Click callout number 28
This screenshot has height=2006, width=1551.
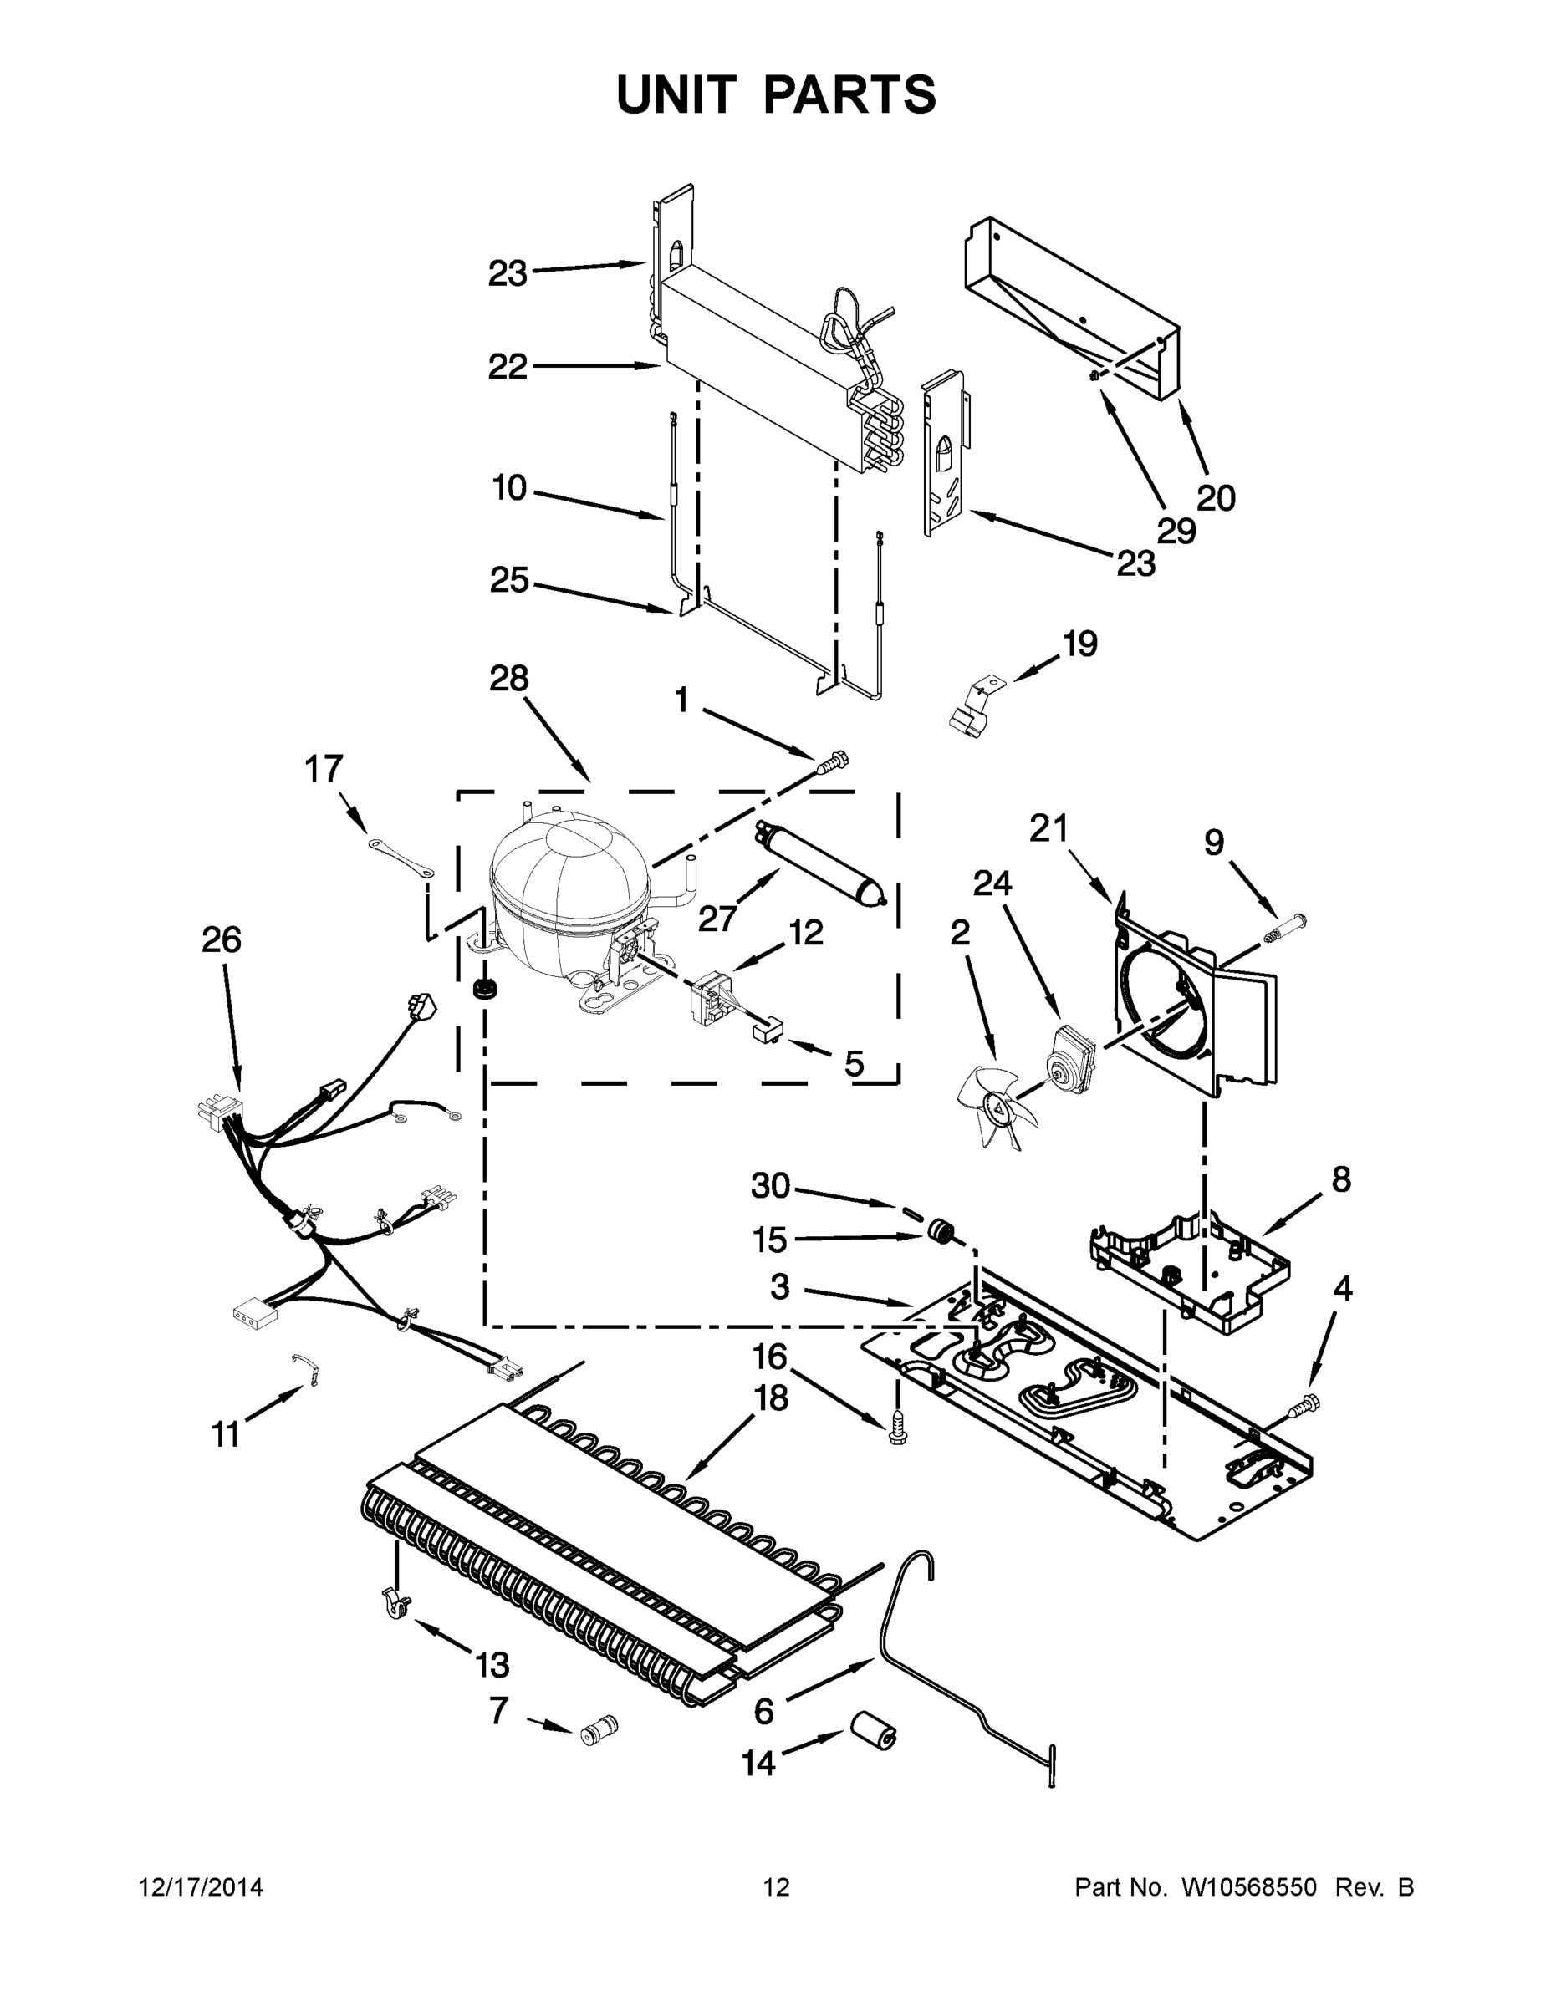tap(508, 679)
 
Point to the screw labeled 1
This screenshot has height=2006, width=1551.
tap(834, 761)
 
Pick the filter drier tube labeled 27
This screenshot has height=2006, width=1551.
tap(820, 864)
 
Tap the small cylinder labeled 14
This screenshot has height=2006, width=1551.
tap(872, 1731)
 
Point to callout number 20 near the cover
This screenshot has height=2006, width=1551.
tap(1216, 499)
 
